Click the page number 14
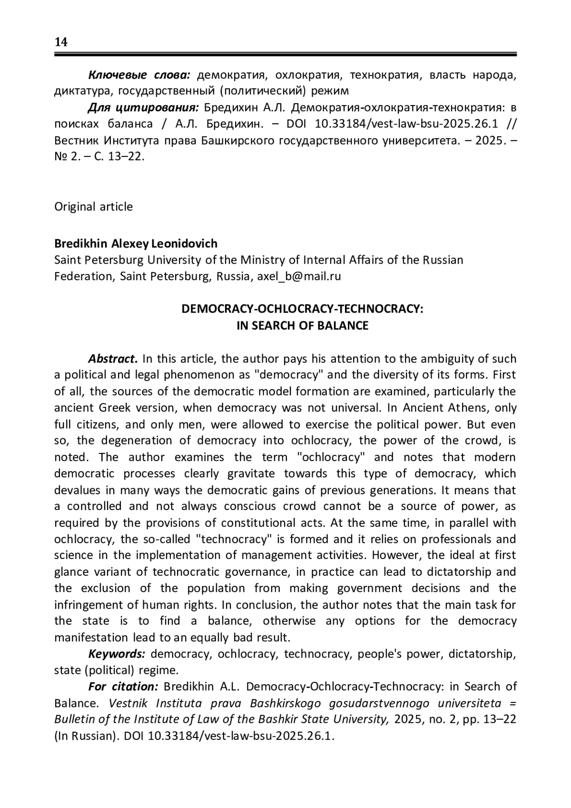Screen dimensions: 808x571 [x=61, y=42]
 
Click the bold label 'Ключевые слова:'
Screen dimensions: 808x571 [x=139, y=75]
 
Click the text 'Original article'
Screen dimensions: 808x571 [x=93, y=207]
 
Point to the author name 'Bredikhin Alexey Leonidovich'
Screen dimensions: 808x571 [x=136, y=244]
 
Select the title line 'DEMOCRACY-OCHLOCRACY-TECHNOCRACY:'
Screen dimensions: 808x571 [x=302, y=309]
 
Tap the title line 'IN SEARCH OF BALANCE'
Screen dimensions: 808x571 [x=302, y=325]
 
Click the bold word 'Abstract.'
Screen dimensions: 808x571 [x=113, y=358]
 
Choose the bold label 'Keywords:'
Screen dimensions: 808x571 [x=117, y=654]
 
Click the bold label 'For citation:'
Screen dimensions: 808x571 [x=123, y=687]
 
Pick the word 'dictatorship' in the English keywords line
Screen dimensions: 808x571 [x=481, y=654]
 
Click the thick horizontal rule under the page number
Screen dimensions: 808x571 [x=285, y=55]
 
